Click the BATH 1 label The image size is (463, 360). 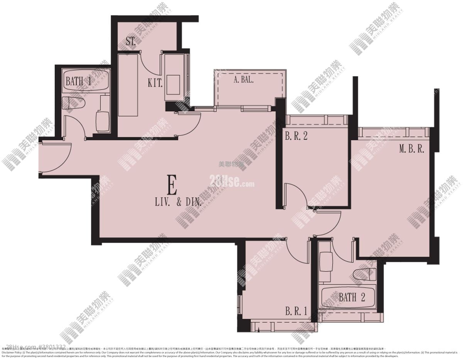click(78, 81)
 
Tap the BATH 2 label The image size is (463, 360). click(351, 297)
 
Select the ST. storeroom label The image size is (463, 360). click(130, 41)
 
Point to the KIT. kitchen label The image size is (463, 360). click(155, 82)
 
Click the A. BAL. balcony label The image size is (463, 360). click(244, 81)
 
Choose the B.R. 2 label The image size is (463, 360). click(296, 136)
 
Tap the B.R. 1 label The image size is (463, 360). click(296, 311)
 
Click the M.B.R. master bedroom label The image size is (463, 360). click(411, 149)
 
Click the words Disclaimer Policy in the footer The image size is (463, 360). click(14, 352)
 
